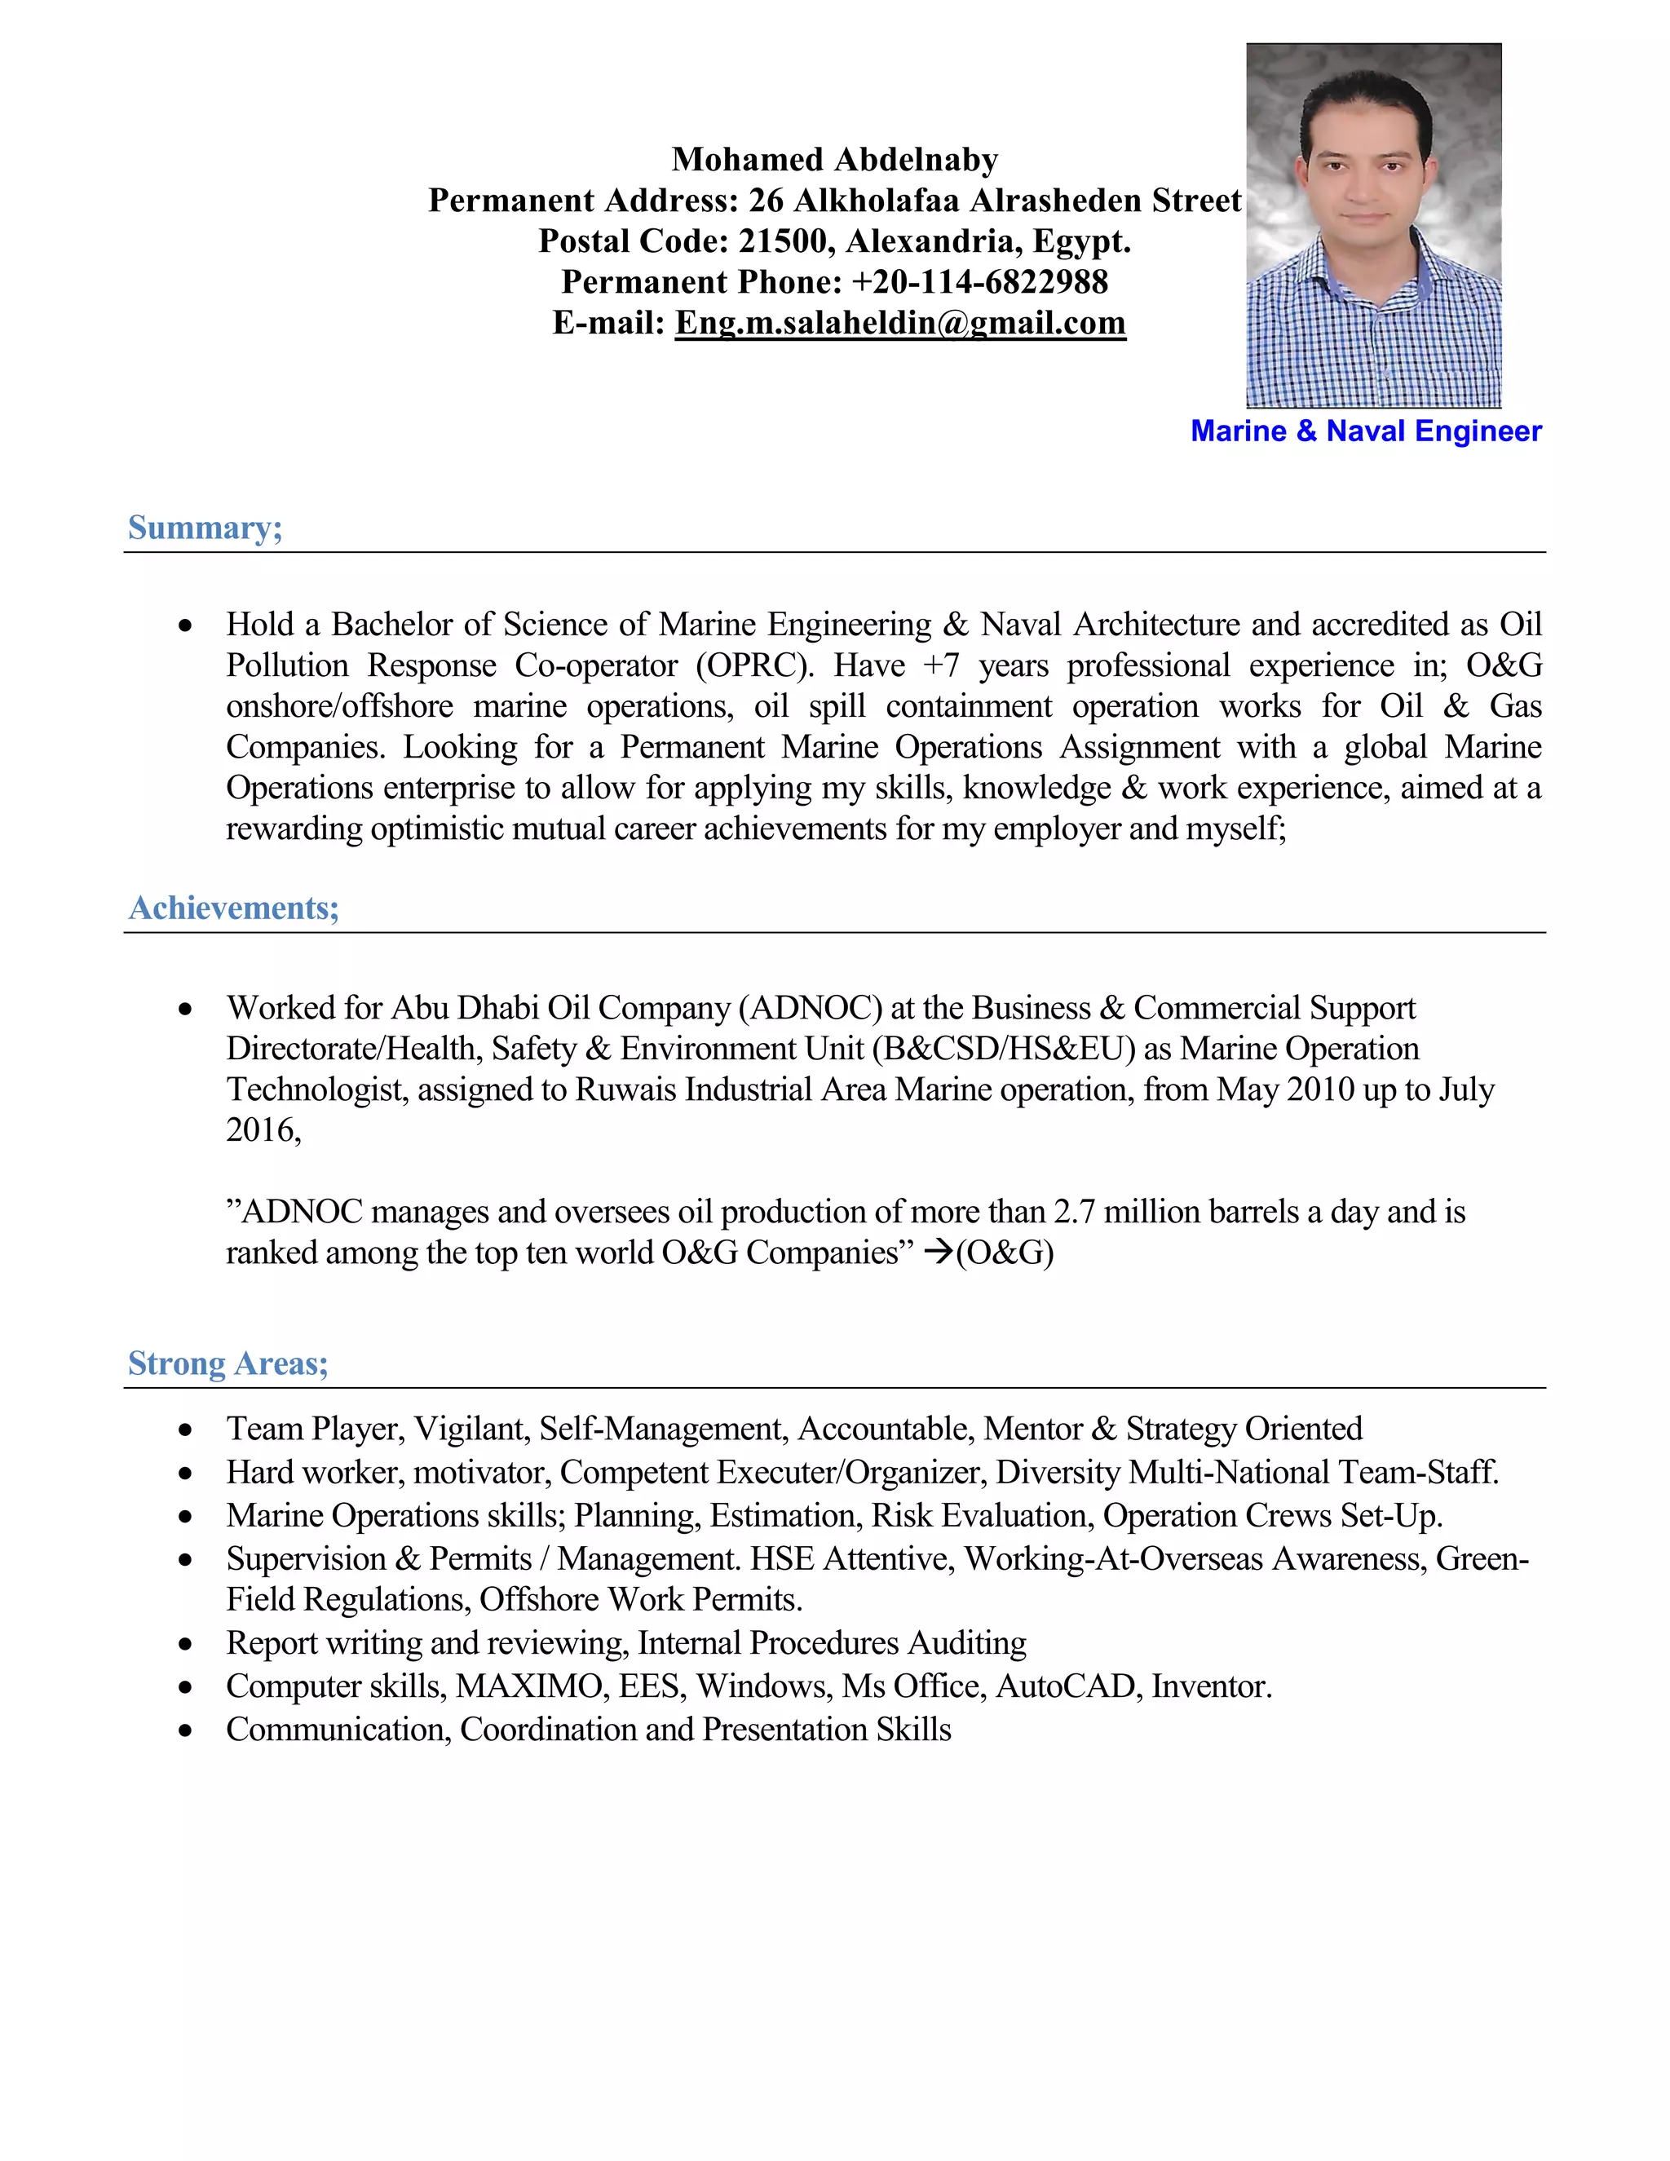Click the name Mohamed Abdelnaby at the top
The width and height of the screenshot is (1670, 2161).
[x=835, y=159]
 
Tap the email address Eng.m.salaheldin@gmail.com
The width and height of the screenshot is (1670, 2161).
[x=900, y=323]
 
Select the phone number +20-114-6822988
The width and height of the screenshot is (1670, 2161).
[x=979, y=282]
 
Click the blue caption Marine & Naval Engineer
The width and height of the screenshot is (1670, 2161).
[x=1365, y=431]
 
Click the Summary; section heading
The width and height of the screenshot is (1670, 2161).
[x=205, y=528]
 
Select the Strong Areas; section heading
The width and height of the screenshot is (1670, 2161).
[x=228, y=1363]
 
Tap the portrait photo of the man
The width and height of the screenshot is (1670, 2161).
[x=1373, y=226]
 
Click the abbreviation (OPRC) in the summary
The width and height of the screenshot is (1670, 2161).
[x=755, y=665]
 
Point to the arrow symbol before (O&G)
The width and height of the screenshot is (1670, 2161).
[x=937, y=1253]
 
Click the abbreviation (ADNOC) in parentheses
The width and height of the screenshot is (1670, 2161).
[x=811, y=1007]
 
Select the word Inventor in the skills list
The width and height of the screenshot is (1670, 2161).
[x=1211, y=1686]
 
